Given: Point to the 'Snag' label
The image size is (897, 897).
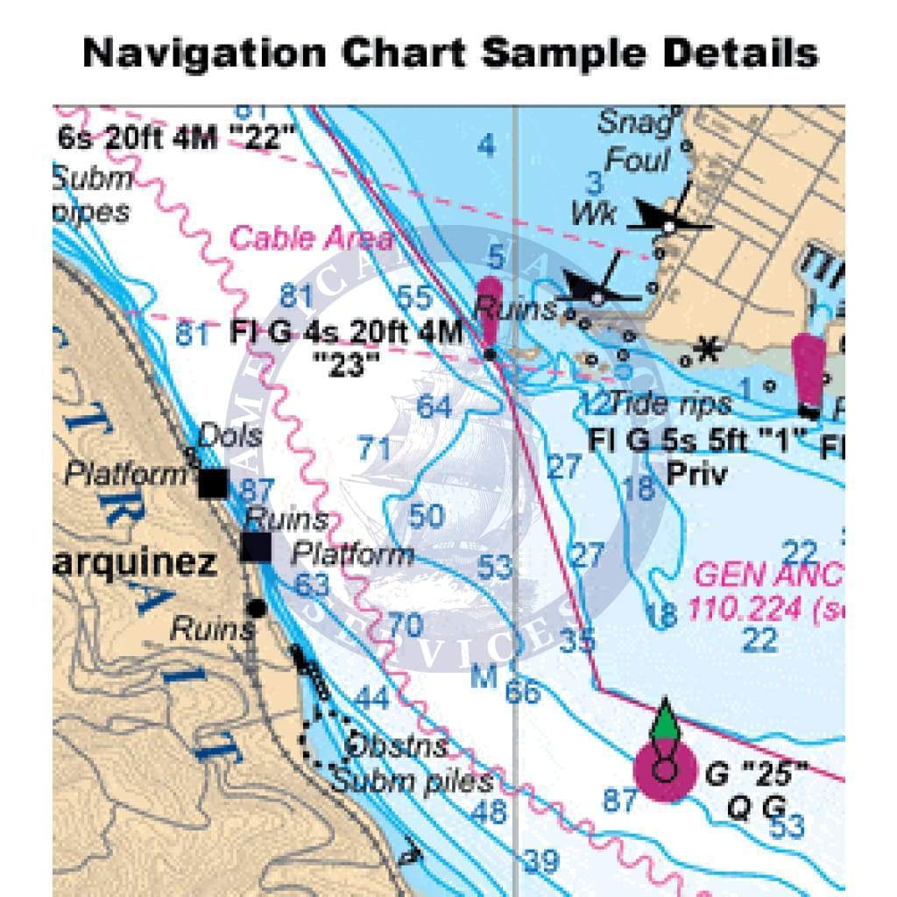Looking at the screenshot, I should click(637, 123).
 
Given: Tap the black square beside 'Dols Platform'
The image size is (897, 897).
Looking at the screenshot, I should click(213, 483).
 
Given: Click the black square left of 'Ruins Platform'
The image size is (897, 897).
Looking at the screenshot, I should click(256, 547).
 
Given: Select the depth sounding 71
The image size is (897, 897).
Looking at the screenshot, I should click(374, 449).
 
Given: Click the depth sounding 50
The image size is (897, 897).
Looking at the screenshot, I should click(426, 516).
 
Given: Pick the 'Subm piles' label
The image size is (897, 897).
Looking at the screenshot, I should click(412, 780).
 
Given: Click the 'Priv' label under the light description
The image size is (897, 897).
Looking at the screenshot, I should click(696, 474).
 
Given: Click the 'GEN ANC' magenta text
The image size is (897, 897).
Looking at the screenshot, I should click(768, 575).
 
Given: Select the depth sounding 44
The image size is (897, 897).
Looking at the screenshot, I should click(372, 698).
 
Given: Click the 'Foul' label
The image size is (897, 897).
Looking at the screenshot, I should click(637, 161).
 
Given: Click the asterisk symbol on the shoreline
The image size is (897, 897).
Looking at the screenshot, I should click(704, 350).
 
